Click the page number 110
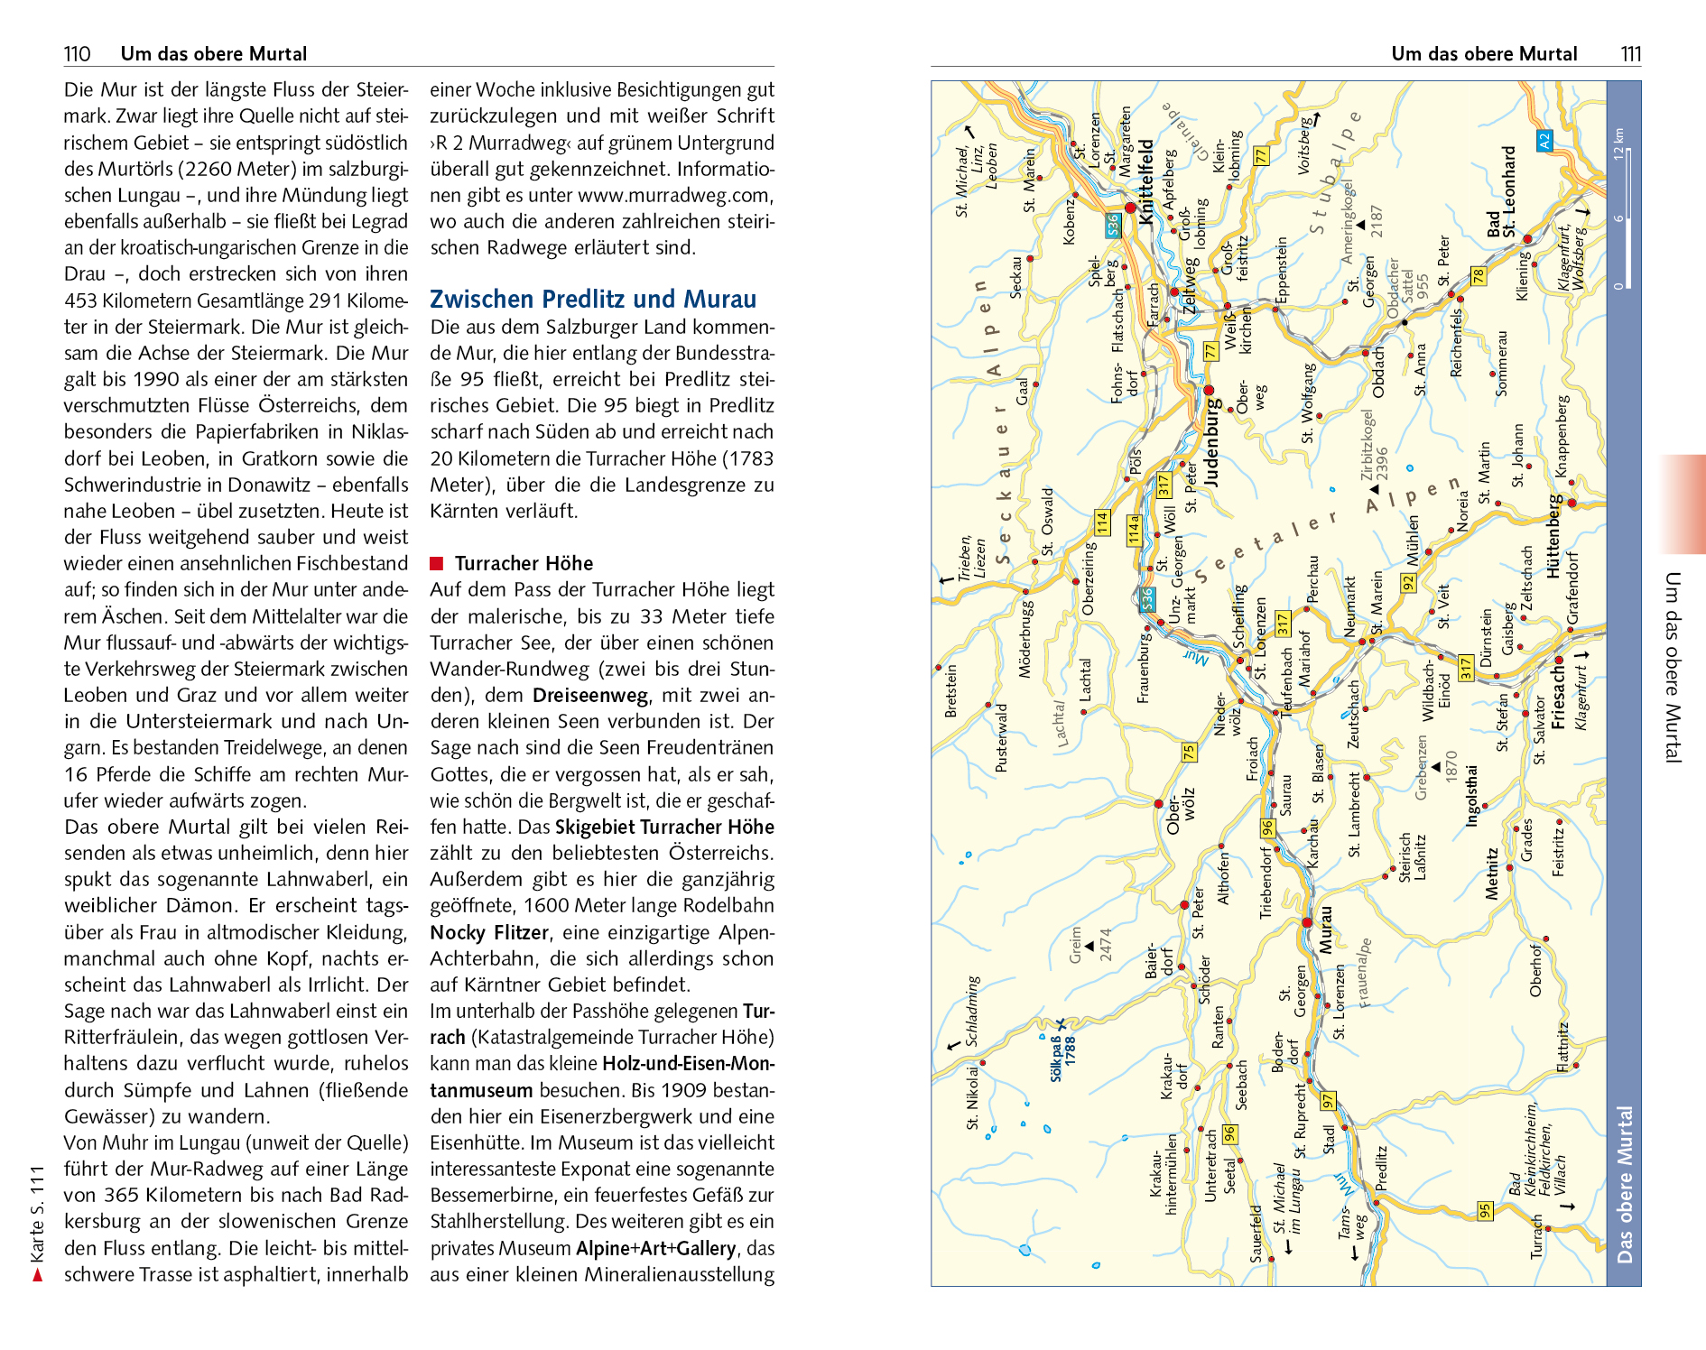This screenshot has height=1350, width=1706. pos(78,54)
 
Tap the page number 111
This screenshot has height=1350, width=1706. pos(1630,54)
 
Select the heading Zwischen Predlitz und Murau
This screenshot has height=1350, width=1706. pos(593,300)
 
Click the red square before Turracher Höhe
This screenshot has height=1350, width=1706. pos(437,564)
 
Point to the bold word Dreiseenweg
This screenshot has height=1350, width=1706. pos(590,696)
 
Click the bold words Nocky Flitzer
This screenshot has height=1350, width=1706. pos(489,932)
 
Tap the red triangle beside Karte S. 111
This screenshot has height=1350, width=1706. pos(37,1275)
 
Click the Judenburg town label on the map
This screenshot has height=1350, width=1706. pos(1212,442)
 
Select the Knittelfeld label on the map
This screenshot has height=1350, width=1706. pos(1146,180)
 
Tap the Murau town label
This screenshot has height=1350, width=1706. pos(1325,929)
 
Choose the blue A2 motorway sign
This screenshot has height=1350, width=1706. pos(1544,142)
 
